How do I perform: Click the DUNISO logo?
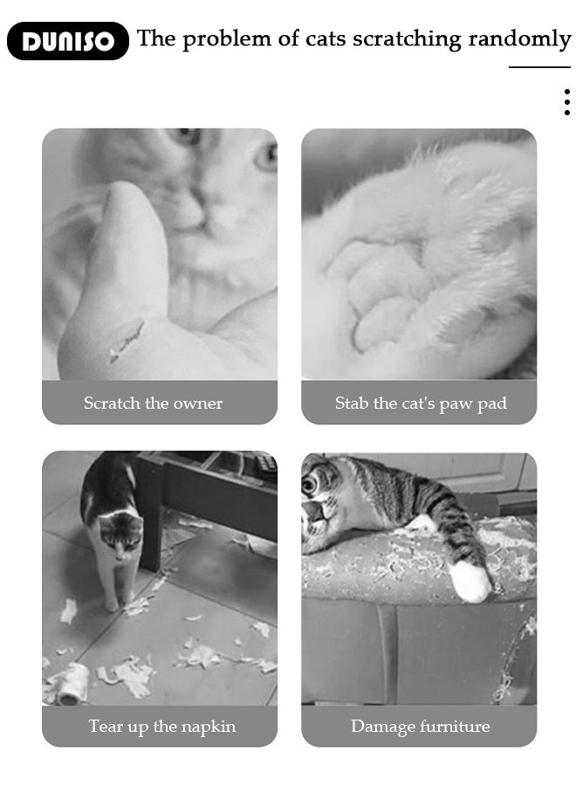(67, 41)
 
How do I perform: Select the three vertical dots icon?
(566, 102)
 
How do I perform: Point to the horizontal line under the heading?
(539, 67)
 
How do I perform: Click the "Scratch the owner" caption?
(153, 403)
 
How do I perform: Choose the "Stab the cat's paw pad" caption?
(420, 403)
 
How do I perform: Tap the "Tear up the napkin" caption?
(161, 727)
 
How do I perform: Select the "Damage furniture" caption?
(420, 727)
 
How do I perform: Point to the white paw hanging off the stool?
(470, 582)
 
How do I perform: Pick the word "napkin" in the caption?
(208, 727)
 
